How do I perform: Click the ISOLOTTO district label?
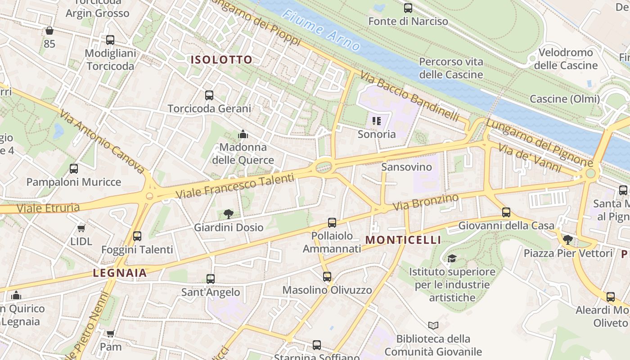(221, 60)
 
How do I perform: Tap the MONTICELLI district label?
(403, 240)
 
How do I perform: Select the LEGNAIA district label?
(120, 273)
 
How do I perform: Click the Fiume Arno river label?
(321, 30)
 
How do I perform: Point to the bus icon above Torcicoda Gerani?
(209, 95)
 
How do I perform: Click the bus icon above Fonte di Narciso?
(408, 8)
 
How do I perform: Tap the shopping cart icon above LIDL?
(81, 228)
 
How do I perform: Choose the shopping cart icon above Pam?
(111, 333)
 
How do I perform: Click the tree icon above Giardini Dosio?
(229, 214)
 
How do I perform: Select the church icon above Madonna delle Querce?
(243, 134)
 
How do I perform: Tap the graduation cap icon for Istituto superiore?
(452, 258)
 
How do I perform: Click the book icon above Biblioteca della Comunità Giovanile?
(433, 325)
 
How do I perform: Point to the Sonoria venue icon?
(377, 121)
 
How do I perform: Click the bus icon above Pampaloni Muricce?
(74, 169)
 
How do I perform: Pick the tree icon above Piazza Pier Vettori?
(568, 239)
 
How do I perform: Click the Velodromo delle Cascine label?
(566, 59)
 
